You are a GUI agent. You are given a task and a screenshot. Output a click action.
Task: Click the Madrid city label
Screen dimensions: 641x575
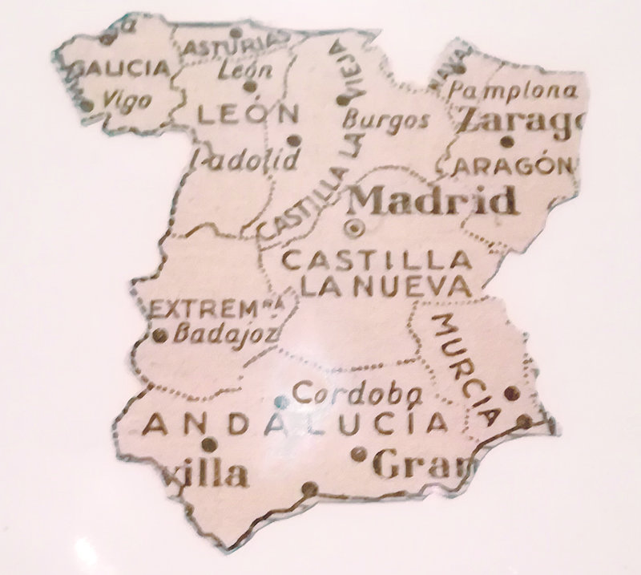click(x=433, y=200)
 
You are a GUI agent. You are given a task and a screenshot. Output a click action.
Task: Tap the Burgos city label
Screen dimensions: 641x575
click(x=385, y=122)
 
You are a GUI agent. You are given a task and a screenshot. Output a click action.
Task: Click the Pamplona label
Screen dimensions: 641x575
click(x=513, y=89)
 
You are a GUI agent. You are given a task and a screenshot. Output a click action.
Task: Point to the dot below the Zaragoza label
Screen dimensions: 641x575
click(x=506, y=143)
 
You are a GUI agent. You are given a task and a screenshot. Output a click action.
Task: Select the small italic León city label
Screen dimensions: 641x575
click(x=245, y=71)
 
